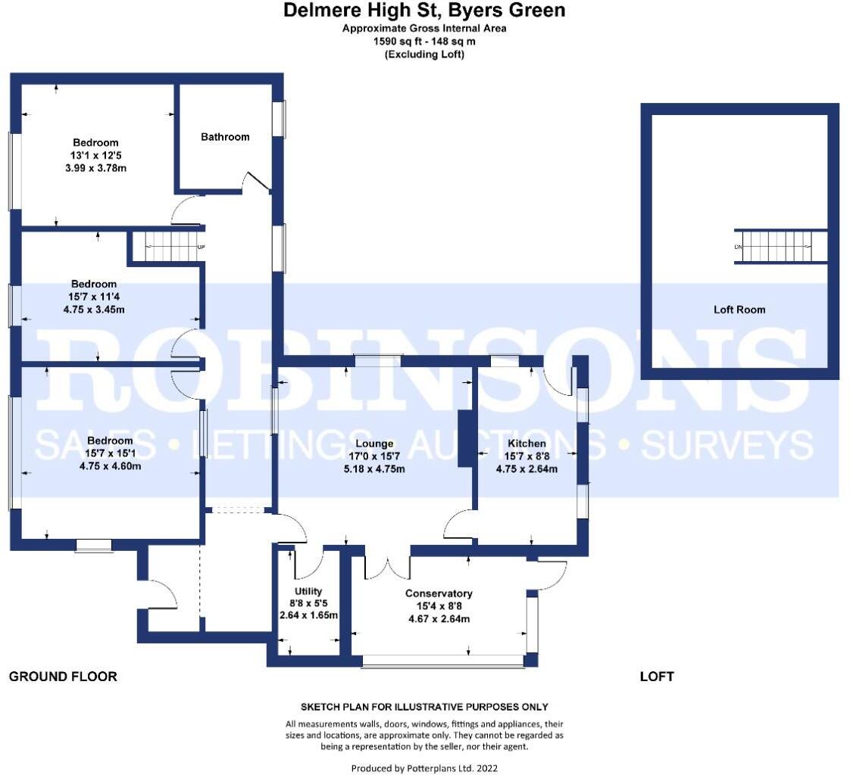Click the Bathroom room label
(225, 137)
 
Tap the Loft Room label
(739, 310)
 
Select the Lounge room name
(373, 444)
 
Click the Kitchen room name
(527, 444)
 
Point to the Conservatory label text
(439, 593)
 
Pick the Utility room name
(308, 591)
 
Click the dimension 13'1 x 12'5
(95, 156)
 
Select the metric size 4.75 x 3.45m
(94, 310)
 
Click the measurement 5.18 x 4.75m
(373, 468)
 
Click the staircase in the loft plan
(777, 247)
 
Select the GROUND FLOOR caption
(63, 677)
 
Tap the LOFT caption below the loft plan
(656, 677)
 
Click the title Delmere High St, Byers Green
(424, 11)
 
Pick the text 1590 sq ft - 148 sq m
(424, 42)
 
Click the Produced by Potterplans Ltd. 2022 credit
(424, 767)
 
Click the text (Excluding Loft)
(424, 54)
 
